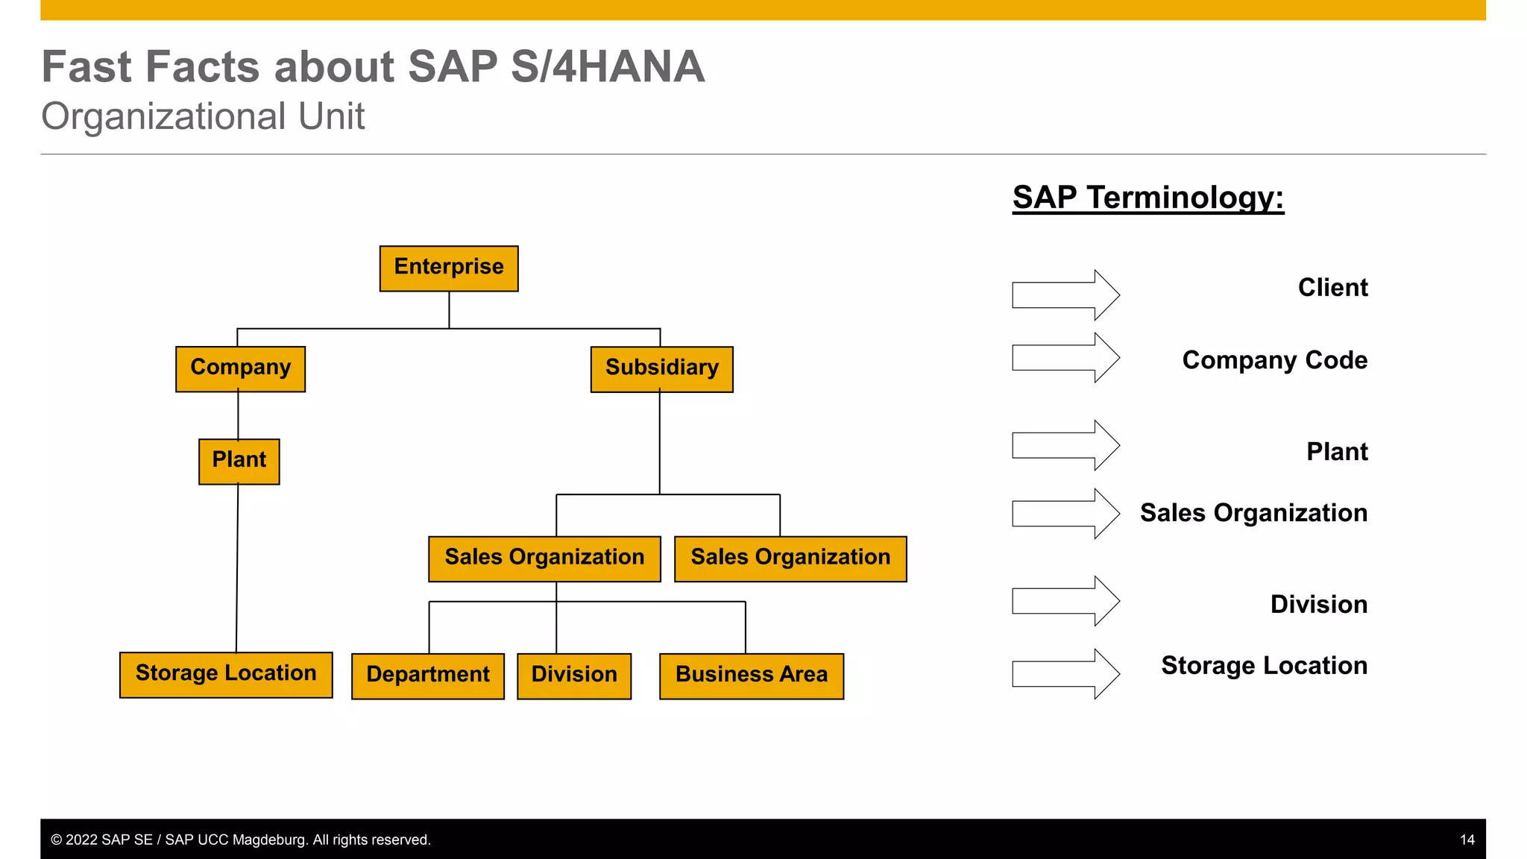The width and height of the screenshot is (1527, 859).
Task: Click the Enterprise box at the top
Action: pyautogui.click(x=449, y=268)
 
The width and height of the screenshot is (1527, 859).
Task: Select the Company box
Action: pyautogui.click(x=240, y=368)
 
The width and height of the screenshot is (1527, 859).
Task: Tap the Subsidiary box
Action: pyautogui.click(x=661, y=369)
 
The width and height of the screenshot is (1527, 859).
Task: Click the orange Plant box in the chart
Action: pyautogui.click(x=239, y=462)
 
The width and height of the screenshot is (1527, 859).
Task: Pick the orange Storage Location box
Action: pyautogui.click(x=226, y=675)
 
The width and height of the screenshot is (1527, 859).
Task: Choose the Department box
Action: pyautogui.click(x=427, y=676)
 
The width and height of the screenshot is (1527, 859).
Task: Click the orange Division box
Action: pyautogui.click(x=573, y=676)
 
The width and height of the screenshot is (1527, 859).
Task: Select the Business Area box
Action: pyautogui.click(x=751, y=676)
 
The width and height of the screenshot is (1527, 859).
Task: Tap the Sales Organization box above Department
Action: pyautogui.click(x=544, y=558)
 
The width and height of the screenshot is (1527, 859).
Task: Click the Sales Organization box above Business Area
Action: pyautogui.click(x=790, y=558)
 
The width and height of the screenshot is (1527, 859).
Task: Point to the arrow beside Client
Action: pyautogui.click(x=1065, y=295)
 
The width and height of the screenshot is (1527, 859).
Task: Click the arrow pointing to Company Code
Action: pyautogui.click(x=1065, y=358)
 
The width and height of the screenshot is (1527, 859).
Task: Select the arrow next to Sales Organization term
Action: pyautogui.click(x=1065, y=514)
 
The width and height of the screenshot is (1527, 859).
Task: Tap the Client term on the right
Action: pyautogui.click(x=1332, y=288)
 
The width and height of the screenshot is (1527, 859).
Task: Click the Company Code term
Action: pyautogui.click(x=1274, y=360)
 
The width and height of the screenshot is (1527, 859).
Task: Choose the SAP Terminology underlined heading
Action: pyautogui.click(x=1147, y=198)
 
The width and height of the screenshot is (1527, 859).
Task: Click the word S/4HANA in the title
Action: pyautogui.click(x=607, y=67)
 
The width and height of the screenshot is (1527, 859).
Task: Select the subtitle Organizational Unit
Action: pyautogui.click(x=203, y=117)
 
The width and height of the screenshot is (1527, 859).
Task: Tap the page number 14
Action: pyautogui.click(x=1467, y=840)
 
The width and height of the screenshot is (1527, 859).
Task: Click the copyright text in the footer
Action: pyautogui.click(x=240, y=840)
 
